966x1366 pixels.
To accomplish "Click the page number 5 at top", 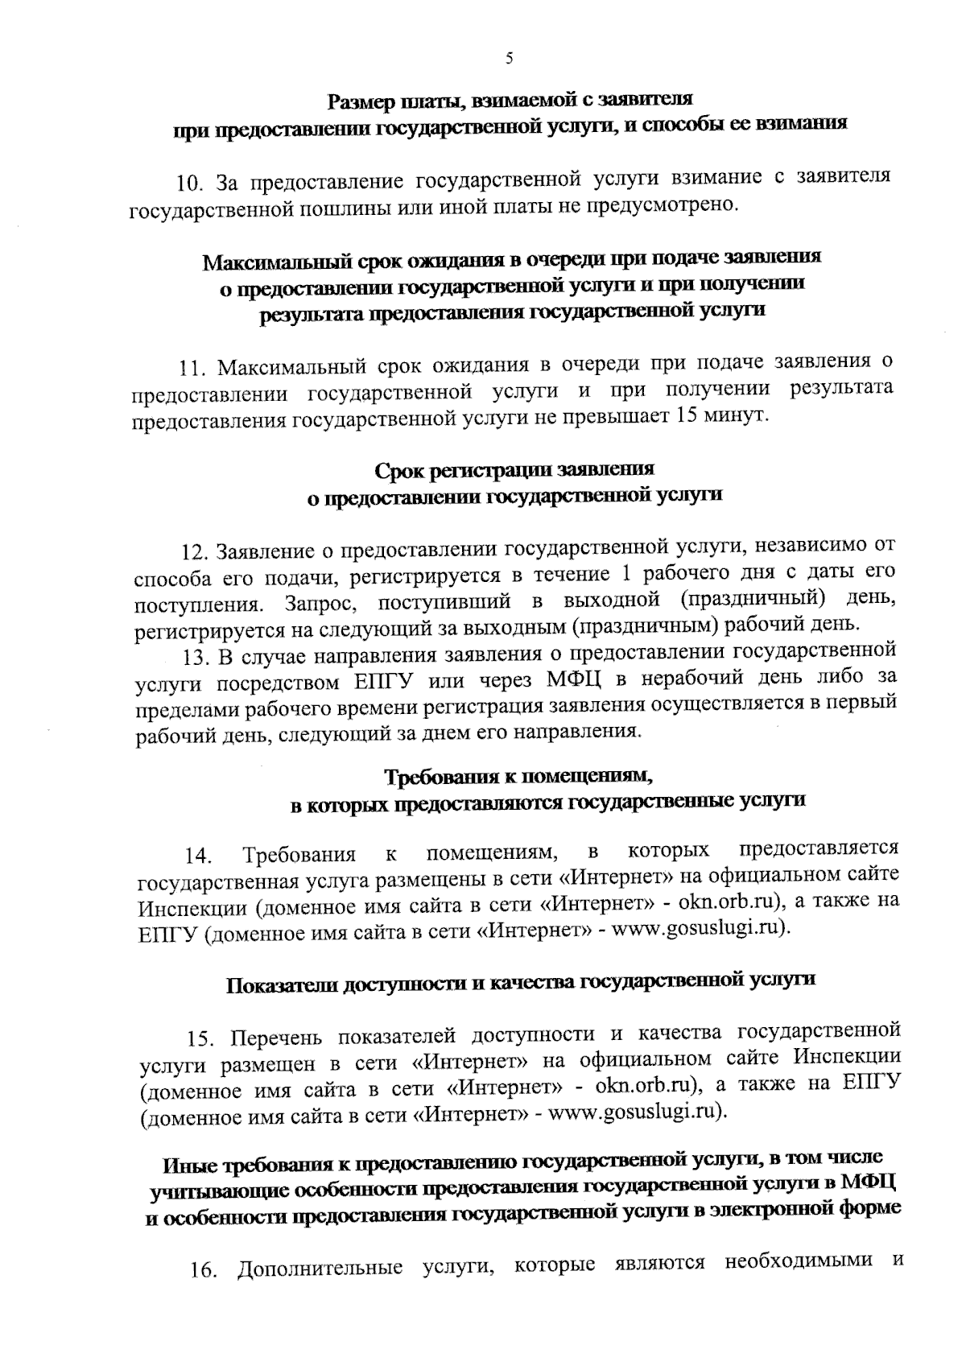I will coord(508,58).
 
